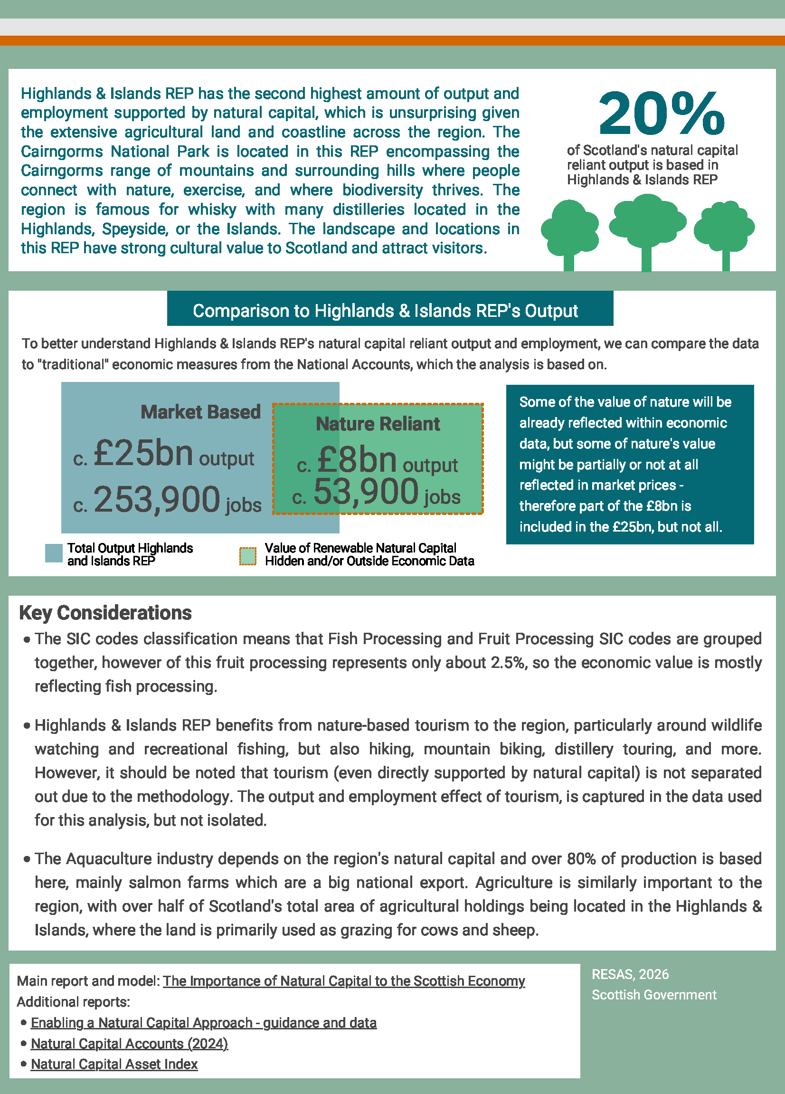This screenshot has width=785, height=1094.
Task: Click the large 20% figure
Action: point(661,114)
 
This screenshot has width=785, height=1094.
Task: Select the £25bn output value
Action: point(143,454)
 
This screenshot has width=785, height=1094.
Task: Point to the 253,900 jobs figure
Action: point(157,500)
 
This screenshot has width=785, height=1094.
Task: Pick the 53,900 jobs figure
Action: point(366,493)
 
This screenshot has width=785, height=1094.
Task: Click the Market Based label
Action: point(200,412)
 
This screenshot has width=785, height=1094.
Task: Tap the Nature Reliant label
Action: point(378,424)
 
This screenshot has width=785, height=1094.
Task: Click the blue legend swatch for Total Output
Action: point(54,553)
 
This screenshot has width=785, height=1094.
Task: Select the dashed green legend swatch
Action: point(248,556)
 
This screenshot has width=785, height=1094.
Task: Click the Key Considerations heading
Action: point(105,613)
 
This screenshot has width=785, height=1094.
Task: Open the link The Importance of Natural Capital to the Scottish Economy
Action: point(343,981)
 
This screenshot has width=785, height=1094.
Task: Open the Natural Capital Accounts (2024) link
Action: point(129,1043)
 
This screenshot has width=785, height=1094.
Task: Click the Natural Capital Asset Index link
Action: point(114,1064)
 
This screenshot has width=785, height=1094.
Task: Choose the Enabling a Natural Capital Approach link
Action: point(203,1023)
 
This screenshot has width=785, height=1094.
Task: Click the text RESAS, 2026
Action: point(630,974)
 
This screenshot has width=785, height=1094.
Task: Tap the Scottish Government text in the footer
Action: point(654,995)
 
